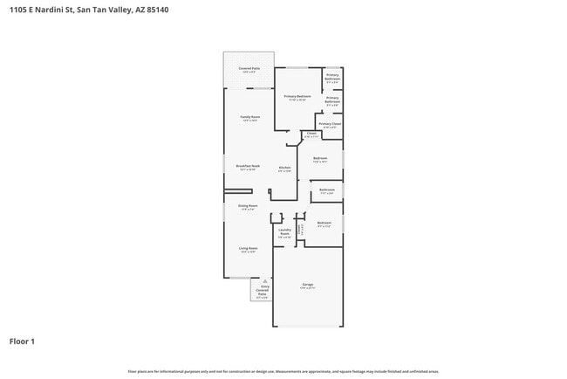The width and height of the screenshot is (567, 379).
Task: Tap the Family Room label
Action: point(249,119)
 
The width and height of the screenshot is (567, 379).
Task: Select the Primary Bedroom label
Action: point(297,97)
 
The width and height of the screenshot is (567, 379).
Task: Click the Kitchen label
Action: point(284,169)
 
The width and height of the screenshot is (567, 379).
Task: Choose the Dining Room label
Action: point(248,207)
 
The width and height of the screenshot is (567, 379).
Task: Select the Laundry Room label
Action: point(284,233)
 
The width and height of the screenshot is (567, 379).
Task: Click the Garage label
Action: point(308,286)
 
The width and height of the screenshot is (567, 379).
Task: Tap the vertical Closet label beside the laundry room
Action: point(301,229)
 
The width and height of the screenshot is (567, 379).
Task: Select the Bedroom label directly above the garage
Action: point(324,224)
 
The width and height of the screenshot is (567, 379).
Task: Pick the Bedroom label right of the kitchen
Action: point(320,160)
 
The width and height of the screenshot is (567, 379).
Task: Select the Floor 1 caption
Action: point(22,341)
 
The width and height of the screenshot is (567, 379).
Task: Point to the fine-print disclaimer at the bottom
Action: point(283,371)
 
